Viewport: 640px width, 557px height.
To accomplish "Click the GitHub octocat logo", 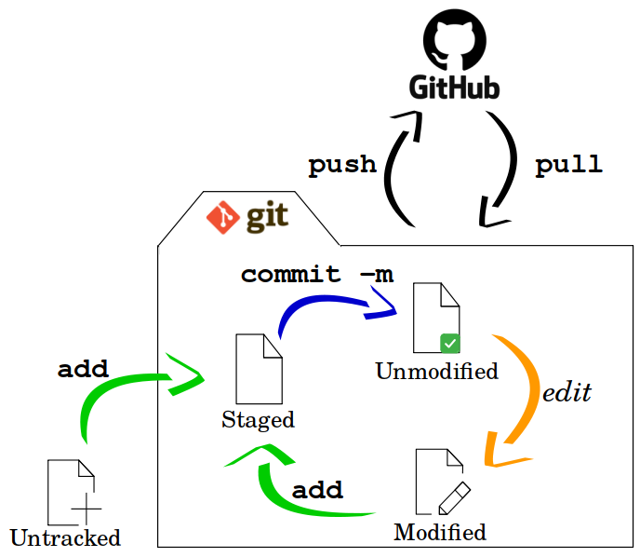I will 454,42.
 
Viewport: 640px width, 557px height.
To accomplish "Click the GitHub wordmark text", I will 454,88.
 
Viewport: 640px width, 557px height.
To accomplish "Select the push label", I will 342,165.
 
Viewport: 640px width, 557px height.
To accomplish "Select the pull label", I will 568,165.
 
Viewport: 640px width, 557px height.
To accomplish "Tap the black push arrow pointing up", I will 396,168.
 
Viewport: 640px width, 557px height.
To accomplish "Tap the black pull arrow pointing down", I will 507,168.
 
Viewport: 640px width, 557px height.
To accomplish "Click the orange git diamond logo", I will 223,216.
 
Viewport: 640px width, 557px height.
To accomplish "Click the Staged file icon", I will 259,369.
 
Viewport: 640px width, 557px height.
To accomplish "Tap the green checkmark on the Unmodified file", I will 450,344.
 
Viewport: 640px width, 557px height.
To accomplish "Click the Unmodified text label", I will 436,371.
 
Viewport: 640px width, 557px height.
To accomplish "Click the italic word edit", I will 567,392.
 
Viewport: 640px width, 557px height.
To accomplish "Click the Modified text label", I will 439,532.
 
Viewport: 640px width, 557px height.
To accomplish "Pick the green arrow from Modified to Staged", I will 298,489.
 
